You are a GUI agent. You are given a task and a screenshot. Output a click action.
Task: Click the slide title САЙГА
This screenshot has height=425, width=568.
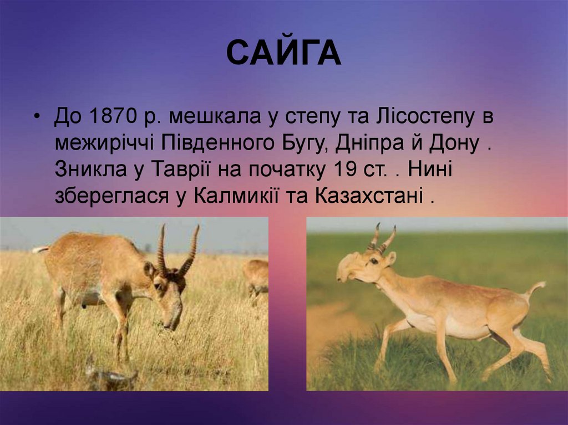(283, 54)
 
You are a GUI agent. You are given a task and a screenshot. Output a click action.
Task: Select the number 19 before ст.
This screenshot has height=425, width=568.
(346, 170)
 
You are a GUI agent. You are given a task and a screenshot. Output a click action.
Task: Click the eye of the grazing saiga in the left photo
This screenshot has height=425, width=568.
(158, 286)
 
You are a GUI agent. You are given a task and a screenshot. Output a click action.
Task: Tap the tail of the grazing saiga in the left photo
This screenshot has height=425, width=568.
(40, 250)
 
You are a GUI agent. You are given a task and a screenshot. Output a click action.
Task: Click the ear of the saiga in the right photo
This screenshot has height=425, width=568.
(391, 257)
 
